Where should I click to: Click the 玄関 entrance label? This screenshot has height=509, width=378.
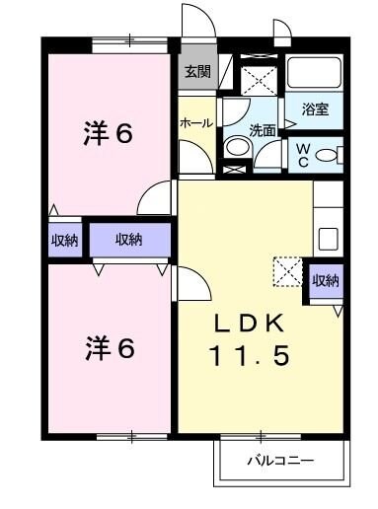click(194, 71)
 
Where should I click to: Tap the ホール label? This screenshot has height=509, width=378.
click(194, 123)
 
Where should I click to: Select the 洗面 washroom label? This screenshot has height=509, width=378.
click(261, 129)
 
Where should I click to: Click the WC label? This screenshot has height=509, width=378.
click(304, 153)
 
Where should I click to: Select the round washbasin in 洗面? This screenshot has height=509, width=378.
click(237, 148)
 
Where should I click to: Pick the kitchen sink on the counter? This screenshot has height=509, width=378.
click(327, 240)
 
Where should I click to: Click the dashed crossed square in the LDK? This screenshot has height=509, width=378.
click(288, 271)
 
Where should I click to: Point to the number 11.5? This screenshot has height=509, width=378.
click(249, 356)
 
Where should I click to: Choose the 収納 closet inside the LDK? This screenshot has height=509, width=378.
click(326, 280)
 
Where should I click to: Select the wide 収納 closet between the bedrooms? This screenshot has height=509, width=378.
click(128, 240)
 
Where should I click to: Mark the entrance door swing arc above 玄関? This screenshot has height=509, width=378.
click(194, 22)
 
